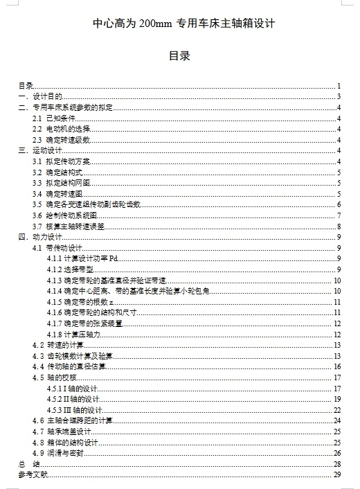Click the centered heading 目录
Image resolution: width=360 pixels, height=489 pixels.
pos(180,55)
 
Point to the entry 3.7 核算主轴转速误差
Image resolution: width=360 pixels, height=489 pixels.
pos(69,226)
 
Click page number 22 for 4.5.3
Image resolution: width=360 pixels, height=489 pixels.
pos(337,410)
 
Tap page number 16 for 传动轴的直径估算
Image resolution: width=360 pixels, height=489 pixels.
pos(337,367)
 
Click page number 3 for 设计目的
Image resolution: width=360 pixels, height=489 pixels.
pos(339,97)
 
